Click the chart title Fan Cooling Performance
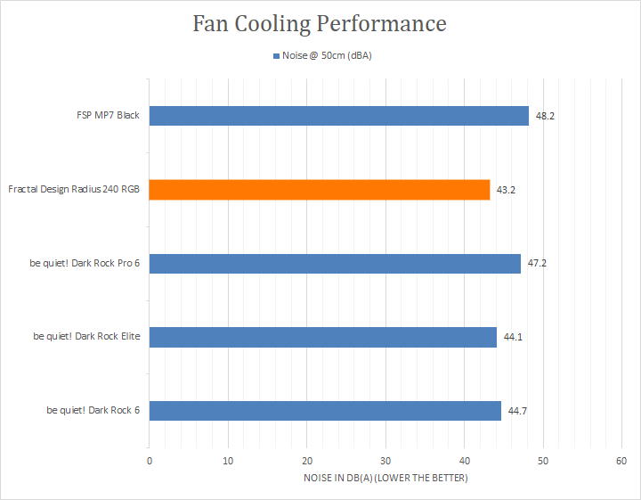pyautogui.click(x=320, y=24)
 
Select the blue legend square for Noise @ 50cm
pyautogui.click(x=276, y=56)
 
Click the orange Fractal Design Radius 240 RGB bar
pyautogui.click(x=320, y=190)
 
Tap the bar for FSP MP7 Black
pyautogui.click(x=339, y=116)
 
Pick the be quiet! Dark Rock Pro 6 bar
pyautogui.click(x=335, y=264)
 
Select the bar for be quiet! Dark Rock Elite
pyautogui.click(x=323, y=337)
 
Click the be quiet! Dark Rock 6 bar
pyautogui.click(x=325, y=411)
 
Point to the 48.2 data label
pyautogui.click(x=545, y=116)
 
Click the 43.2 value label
pyautogui.click(x=506, y=190)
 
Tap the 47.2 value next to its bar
pyautogui.click(x=537, y=263)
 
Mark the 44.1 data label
pyautogui.click(x=513, y=337)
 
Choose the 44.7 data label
pyautogui.click(x=517, y=411)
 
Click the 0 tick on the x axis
pyautogui.click(x=150, y=461)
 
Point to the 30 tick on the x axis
pyautogui.click(x=385, y=461)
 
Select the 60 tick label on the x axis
pyautogui.click(x=621, y=461)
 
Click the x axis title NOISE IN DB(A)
pyautogui.click(x=385, y=478)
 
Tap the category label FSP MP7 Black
pyautogui.click(x=108, y=115)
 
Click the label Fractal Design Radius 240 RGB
pyautogui.click(x=74, y=189)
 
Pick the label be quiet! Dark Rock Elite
pyautogui.click(x=86, y=336)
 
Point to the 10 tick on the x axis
pyautogui.click(x=228, y=461)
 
